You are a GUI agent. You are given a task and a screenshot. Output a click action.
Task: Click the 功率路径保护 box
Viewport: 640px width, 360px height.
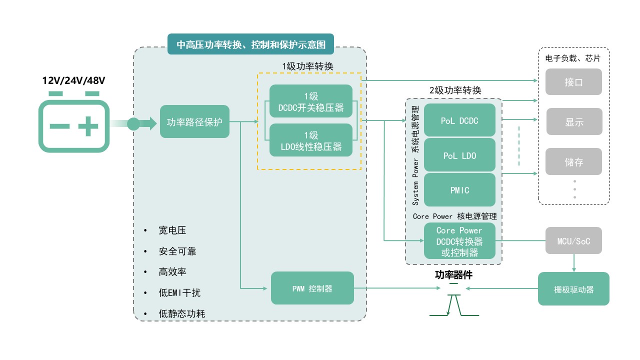click(x=194, y=121)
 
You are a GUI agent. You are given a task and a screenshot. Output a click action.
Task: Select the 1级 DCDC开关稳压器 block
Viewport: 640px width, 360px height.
click(x=311, y=101)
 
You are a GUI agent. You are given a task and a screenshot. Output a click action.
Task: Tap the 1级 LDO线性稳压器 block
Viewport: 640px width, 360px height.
click(x=311, y=140)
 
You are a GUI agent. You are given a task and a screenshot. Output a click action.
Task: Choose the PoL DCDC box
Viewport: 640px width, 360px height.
click(x=459, y=120)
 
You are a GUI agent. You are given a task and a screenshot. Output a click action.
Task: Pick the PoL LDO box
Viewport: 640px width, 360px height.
click(x=459, y=155)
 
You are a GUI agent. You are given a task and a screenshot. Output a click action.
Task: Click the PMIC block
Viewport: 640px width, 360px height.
click(x=459, y=189)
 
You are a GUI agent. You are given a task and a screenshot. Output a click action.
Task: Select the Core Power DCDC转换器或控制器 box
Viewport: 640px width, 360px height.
click(x=459, y=240)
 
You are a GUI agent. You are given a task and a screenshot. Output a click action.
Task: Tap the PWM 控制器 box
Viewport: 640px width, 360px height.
click(x=312, y=288)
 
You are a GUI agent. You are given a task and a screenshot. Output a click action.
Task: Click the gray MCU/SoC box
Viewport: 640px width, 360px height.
click(x=573, y=240)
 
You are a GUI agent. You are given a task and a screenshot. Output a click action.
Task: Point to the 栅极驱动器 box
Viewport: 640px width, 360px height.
click(x=573, y=288)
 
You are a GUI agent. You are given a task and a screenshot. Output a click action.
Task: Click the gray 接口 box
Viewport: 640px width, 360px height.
click(x=573, y=82)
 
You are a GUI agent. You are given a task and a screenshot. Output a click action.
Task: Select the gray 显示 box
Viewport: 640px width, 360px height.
click(x=574, y=121)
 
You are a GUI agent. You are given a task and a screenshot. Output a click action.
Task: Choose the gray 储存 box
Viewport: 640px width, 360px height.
click(x=573, y=161)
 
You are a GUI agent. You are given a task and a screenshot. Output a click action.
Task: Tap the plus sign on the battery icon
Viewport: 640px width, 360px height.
click(x=88, y=126)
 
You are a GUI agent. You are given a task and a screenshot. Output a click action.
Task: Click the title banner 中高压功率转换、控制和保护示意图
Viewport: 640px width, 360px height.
click(x=250, y=44)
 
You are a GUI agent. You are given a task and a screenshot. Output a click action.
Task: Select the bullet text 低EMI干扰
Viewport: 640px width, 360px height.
click(x=179, y=293)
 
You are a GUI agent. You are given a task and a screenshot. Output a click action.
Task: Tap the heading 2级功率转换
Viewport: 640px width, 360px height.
click(x=455, y=90)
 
